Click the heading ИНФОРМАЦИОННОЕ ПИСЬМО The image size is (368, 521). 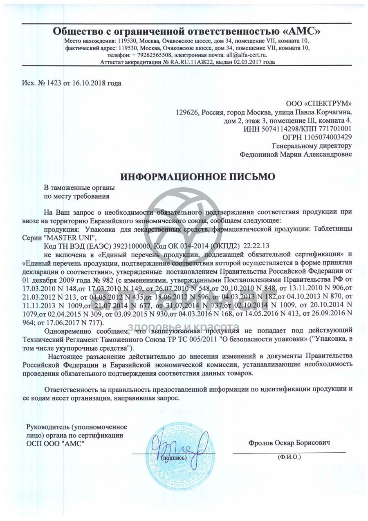coord(197,177)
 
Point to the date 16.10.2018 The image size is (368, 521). coord(88,83)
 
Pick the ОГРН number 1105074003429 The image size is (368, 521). coord(326,137)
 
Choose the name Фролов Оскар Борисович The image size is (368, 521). coord(289,443)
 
